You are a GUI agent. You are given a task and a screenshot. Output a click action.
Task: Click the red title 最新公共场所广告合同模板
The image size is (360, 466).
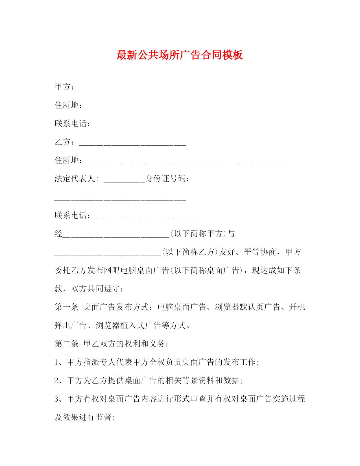pos(180,55)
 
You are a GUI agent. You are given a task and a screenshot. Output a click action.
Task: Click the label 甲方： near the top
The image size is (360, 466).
pos(64,87)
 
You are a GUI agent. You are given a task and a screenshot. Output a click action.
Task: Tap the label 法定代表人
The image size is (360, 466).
pos(75,179)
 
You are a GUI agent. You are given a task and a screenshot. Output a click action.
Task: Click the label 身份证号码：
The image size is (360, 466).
pos(167,179)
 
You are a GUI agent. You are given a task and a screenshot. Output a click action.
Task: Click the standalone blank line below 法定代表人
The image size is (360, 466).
pos(120,199)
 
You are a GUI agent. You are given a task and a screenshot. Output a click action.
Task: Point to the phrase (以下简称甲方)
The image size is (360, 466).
pos(198,234)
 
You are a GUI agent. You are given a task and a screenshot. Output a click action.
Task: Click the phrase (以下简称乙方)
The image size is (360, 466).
pos(190,252)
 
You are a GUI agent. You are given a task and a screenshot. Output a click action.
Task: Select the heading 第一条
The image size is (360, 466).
pos(66,307)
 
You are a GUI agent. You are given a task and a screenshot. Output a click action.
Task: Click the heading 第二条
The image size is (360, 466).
pos(66,344)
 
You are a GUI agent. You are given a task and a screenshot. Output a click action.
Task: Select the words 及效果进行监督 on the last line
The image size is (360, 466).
pos(83,417)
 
